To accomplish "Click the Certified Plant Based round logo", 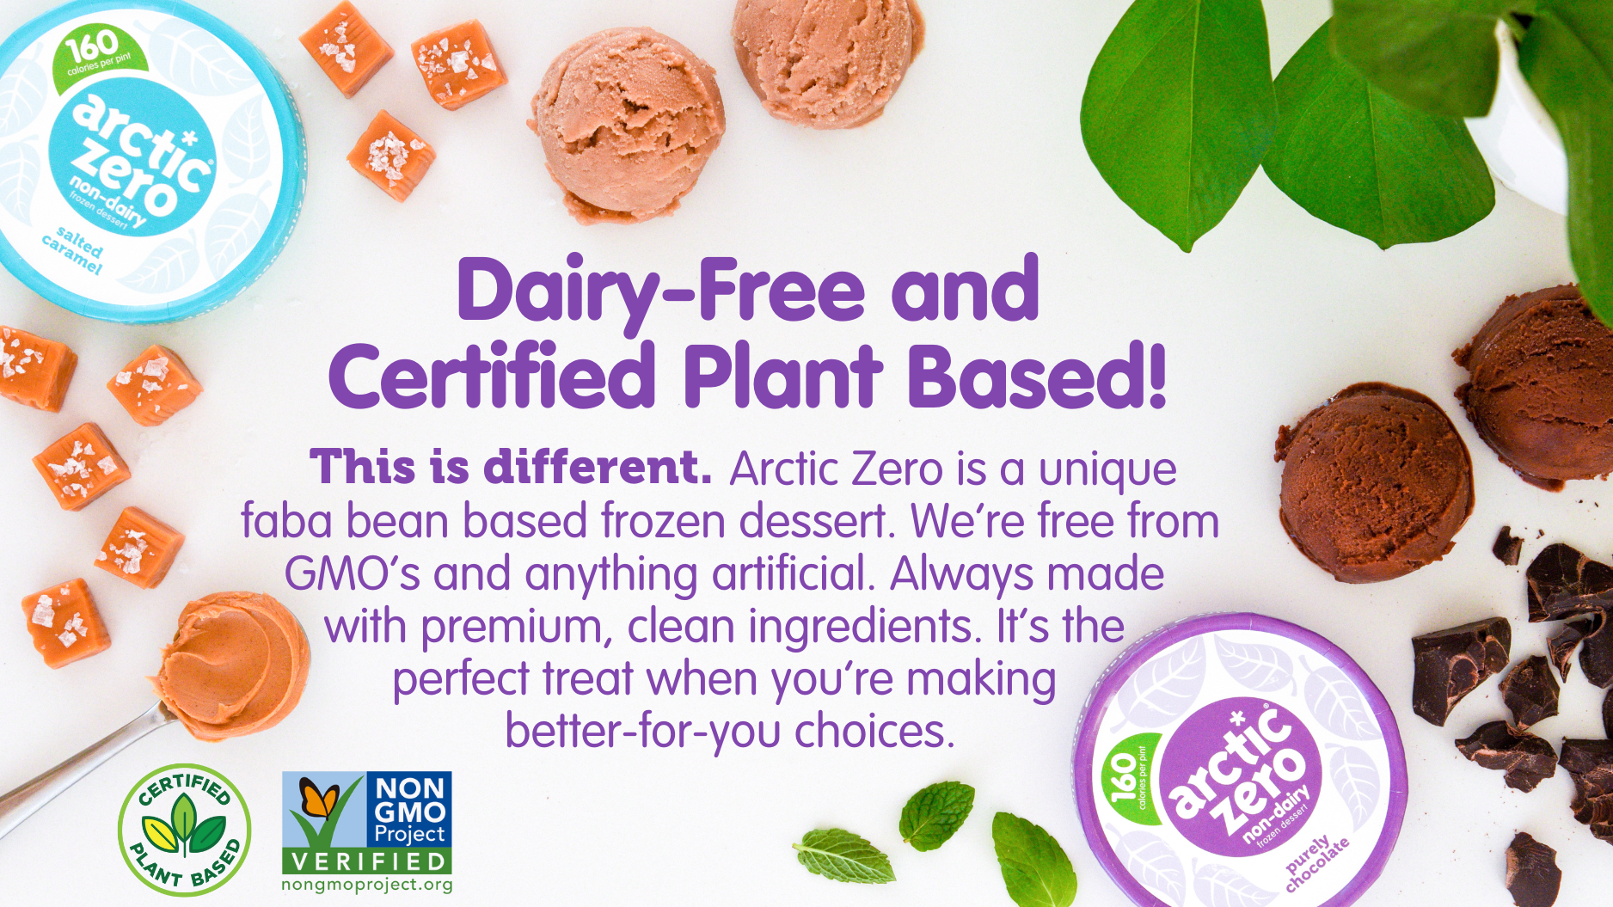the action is [184, 830].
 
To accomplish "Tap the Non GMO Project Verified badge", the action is [367, 823].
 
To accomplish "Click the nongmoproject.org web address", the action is [367, 885].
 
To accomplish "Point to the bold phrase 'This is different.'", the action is [511, 467].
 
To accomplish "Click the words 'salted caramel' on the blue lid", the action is [72, 250].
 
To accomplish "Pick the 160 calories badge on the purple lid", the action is [1127, 778].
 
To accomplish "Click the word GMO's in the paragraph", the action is [353, 574].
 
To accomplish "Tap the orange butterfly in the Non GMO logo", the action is [317, 800].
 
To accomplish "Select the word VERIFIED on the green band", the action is [367, 861].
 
